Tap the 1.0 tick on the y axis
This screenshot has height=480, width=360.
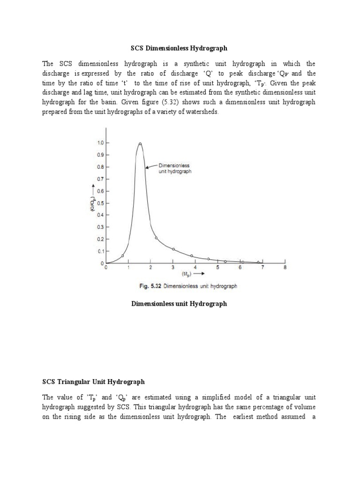[100, 142]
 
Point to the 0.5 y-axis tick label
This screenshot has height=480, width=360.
[100, 203]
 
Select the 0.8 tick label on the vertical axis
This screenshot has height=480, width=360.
[100, 167]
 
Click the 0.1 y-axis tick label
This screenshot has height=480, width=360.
[100, 252]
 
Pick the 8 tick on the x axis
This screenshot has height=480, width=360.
[285, 268]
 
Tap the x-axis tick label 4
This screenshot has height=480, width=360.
[195, 268]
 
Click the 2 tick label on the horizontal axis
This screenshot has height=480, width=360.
[150, 268]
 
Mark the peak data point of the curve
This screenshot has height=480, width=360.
[140, 144]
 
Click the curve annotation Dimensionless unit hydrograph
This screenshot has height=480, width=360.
[175, 168]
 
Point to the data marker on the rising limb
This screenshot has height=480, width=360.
[123, 255]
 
